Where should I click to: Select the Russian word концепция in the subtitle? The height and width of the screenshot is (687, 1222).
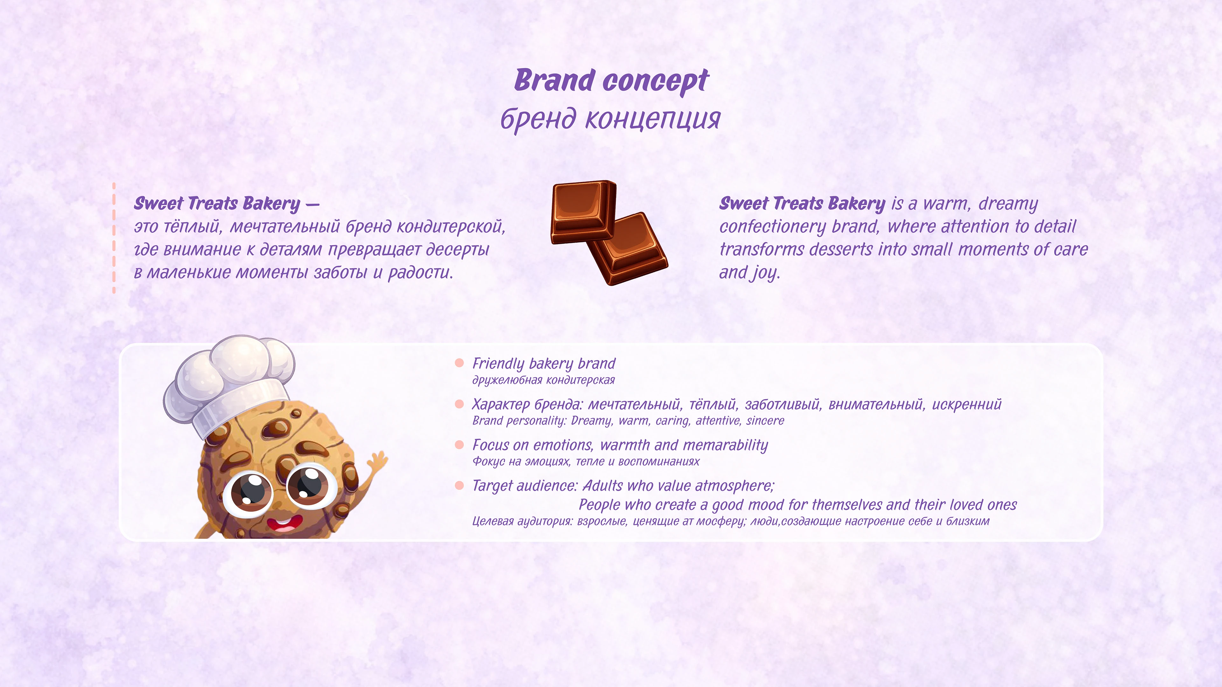653,119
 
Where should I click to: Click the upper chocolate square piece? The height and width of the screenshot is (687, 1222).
583,211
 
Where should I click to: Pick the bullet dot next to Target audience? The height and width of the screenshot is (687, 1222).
459,485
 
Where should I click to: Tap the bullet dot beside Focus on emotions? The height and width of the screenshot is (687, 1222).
459,445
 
